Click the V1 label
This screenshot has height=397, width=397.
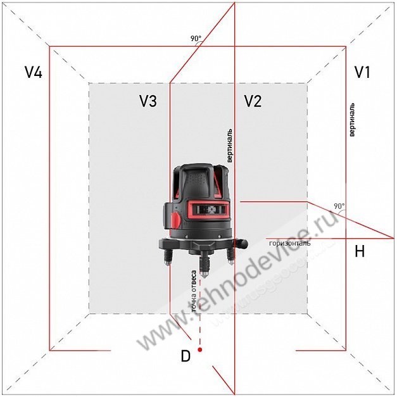point(362,72)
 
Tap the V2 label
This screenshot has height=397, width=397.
point(253,101)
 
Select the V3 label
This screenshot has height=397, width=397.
point(148,101)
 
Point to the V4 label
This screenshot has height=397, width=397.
point(34,72)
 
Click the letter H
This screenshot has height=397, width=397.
point(360,251)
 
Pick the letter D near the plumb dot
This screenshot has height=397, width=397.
point(186,356)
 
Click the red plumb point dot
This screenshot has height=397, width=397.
point(200,350)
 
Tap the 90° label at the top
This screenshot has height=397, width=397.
point(196,39)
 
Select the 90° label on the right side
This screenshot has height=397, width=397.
point(339,206)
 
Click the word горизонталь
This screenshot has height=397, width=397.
point(289,244)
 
